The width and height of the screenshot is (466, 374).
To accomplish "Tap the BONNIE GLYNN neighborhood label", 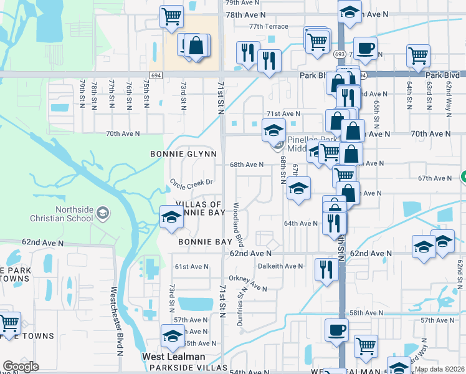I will pos(183,154).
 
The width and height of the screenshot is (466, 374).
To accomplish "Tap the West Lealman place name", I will pos(174,357).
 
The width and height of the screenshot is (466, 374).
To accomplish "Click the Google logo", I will pos(21,367).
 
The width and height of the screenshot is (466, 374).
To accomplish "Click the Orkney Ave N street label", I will pos(247,283).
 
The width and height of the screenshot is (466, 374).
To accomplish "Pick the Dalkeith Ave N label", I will pos(280,266).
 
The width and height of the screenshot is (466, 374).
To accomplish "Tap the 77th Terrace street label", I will pos(269,27).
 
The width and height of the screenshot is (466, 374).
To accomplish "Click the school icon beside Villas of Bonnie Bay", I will pos(172,218).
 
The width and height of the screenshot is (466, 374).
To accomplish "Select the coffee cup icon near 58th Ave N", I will pos(337,330).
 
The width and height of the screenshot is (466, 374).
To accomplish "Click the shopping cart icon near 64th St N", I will pos(418,55).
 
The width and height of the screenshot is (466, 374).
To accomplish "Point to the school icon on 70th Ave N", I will pos(273,130).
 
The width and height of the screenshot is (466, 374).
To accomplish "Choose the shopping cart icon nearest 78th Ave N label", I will pos(172,16).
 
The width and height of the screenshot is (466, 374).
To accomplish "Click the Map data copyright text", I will pos(440,369).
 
